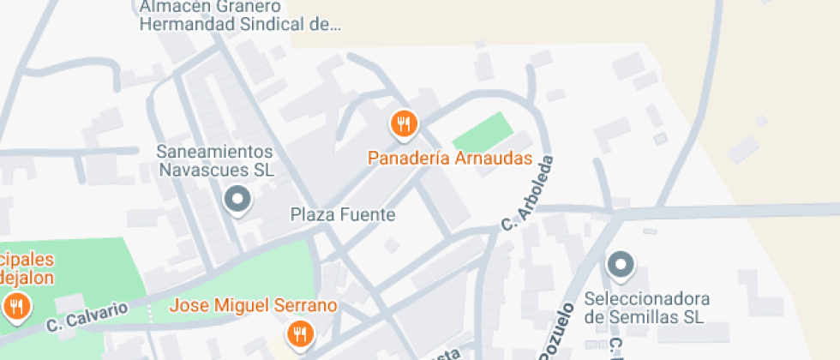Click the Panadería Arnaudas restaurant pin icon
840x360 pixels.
(403, 125)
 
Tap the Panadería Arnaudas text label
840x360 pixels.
(450, 159)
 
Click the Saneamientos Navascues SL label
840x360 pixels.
(214, 160)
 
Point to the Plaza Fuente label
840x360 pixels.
(343, 214)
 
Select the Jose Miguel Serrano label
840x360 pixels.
(253, 305)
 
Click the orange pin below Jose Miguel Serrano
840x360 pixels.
(299, 333)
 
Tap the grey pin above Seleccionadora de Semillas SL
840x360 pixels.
(620, 265)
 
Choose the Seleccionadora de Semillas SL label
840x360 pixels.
(647, 309)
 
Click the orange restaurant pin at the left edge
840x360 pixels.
(15, 305)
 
